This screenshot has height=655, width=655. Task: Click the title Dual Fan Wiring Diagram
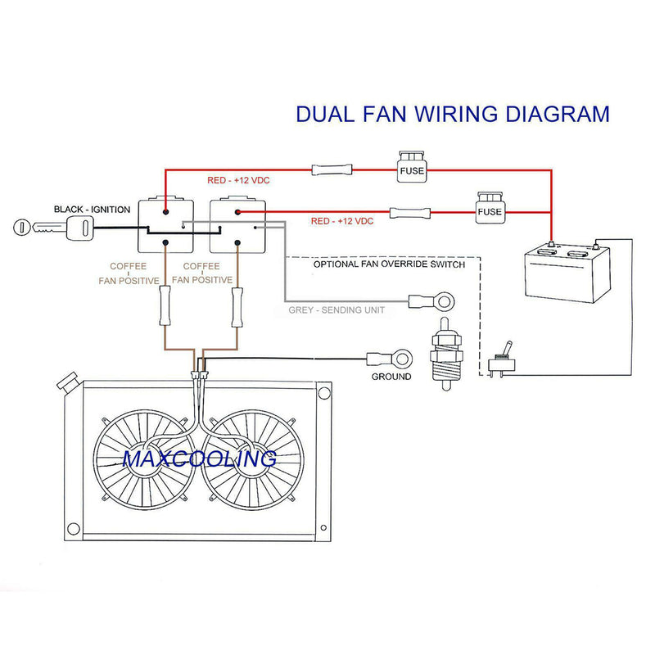(453, 114)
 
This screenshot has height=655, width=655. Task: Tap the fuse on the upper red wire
(412, 167)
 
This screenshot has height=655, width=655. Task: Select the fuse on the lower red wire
(490, 208)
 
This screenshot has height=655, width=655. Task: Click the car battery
(567, 272)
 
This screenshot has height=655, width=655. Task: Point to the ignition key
(52, 228)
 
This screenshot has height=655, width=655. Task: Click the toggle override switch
(502, 359)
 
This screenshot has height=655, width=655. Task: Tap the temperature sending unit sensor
(446, 354)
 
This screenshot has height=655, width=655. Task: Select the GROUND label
(391, 377)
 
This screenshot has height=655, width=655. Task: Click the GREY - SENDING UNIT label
(337, 310)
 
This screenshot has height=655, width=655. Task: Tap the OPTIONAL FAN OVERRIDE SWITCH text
(389, 264)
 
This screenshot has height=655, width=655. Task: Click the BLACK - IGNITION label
(92, 210)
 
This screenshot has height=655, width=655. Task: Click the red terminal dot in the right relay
(237, 212)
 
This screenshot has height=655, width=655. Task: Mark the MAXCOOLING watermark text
(199, 458)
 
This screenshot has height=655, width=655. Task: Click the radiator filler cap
(67, 381)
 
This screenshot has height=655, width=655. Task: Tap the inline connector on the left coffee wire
(165, 305)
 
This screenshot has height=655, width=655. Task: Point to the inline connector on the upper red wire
(332, 170)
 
